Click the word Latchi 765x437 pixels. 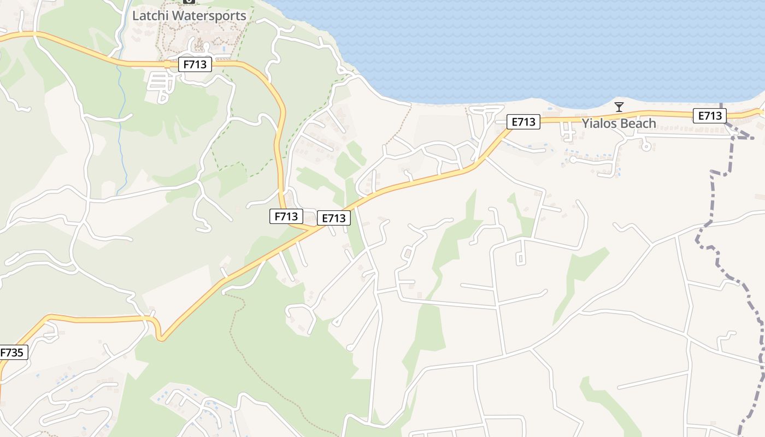pos(151,16)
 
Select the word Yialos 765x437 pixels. pos(600,123)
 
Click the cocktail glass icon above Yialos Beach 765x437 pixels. pos(619,107)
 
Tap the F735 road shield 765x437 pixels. pos(11,353)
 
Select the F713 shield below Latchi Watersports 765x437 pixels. pos(195,64)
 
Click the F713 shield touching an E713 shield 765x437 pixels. pos(286,216)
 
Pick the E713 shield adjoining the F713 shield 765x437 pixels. pos(333,218)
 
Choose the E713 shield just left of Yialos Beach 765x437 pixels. pos(523,122)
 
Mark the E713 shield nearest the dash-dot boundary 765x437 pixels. pos(709,116)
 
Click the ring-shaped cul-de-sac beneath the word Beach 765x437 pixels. pos(646,146)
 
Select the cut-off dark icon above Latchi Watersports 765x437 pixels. pos(189,2)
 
